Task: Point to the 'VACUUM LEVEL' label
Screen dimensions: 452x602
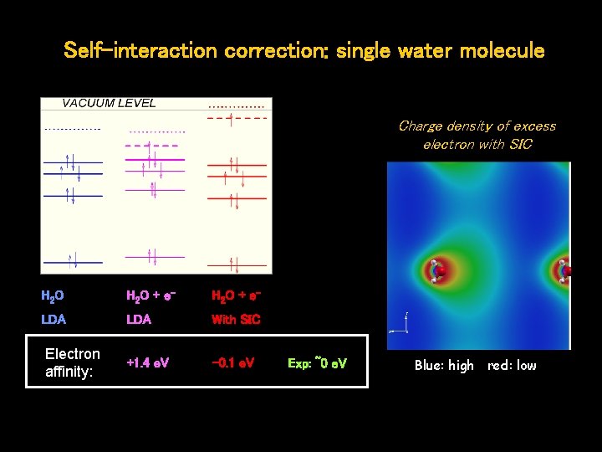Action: point(109,104)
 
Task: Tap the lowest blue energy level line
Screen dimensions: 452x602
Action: point(73,262)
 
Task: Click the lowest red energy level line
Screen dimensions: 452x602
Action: point(236,266)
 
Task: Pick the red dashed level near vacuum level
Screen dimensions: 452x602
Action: point(236,118)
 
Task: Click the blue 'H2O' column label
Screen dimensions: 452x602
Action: point(53,295)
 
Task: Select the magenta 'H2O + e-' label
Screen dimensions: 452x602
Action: point(150,295)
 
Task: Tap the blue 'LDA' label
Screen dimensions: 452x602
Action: point(54,320)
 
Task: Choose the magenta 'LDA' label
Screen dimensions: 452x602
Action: point(138,320)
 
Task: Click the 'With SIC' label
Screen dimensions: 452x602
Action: point(236,320)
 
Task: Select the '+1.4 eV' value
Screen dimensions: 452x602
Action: point(147,363)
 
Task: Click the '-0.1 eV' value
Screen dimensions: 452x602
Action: point(233,363)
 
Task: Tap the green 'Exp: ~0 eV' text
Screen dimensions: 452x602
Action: point(317,363)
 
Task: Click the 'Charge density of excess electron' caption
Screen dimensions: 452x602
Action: point(477,135)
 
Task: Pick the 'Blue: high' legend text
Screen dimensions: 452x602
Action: point(444,366)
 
